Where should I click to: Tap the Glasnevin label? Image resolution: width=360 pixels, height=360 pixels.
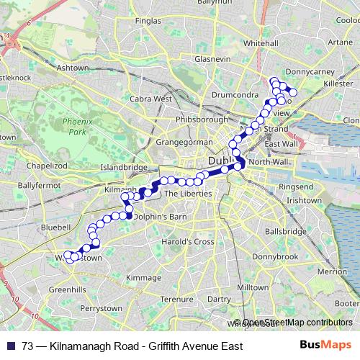210,58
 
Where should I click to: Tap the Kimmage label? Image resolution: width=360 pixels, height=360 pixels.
144,277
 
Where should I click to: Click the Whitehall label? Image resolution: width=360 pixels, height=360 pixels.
261,43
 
